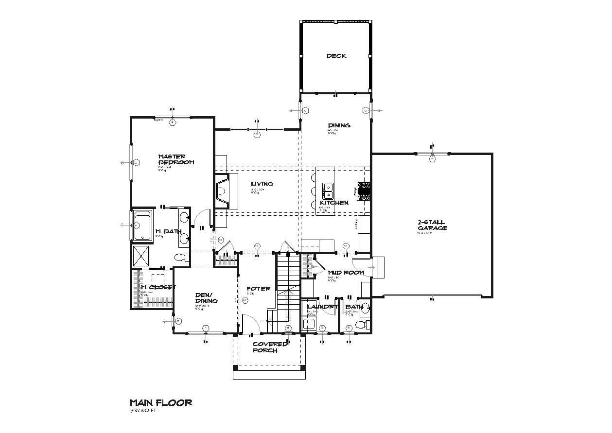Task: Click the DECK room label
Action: coord(336,56)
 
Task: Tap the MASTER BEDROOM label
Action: coord(175,159)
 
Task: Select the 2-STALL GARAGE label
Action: coord(432,225)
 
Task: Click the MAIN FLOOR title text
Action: coord(160,402)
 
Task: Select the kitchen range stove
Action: coord(364,191)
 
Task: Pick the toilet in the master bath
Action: coord(179,257)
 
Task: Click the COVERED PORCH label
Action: coord(269,347)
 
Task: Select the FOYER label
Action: coord(258,289)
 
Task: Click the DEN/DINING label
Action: coord(206,297)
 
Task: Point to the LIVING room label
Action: coord(262,184)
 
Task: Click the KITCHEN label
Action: coord(334,203)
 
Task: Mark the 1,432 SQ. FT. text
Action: coord(142,411)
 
